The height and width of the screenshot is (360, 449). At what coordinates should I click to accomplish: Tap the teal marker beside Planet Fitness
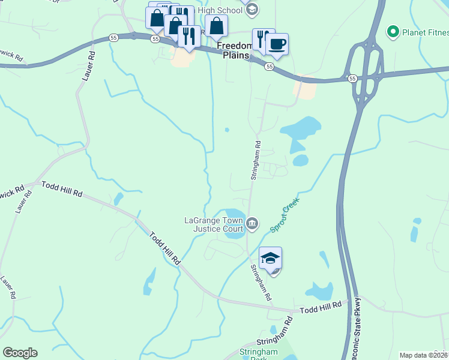coord(393,31)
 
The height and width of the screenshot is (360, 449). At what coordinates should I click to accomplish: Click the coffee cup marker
coord(277,44)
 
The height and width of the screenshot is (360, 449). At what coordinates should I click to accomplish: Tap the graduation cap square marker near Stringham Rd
coord(271,259)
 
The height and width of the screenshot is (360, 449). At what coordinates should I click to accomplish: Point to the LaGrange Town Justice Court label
coord(214,224)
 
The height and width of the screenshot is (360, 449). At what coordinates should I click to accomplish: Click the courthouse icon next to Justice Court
coord(252,224)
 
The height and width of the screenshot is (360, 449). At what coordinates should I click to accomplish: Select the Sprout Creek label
coord(285,217)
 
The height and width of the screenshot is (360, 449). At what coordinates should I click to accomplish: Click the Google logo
coord(20,353)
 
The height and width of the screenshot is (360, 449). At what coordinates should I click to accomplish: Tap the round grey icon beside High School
coord(252,9)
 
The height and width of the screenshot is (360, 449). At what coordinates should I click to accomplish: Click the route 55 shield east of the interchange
coord(352,78)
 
